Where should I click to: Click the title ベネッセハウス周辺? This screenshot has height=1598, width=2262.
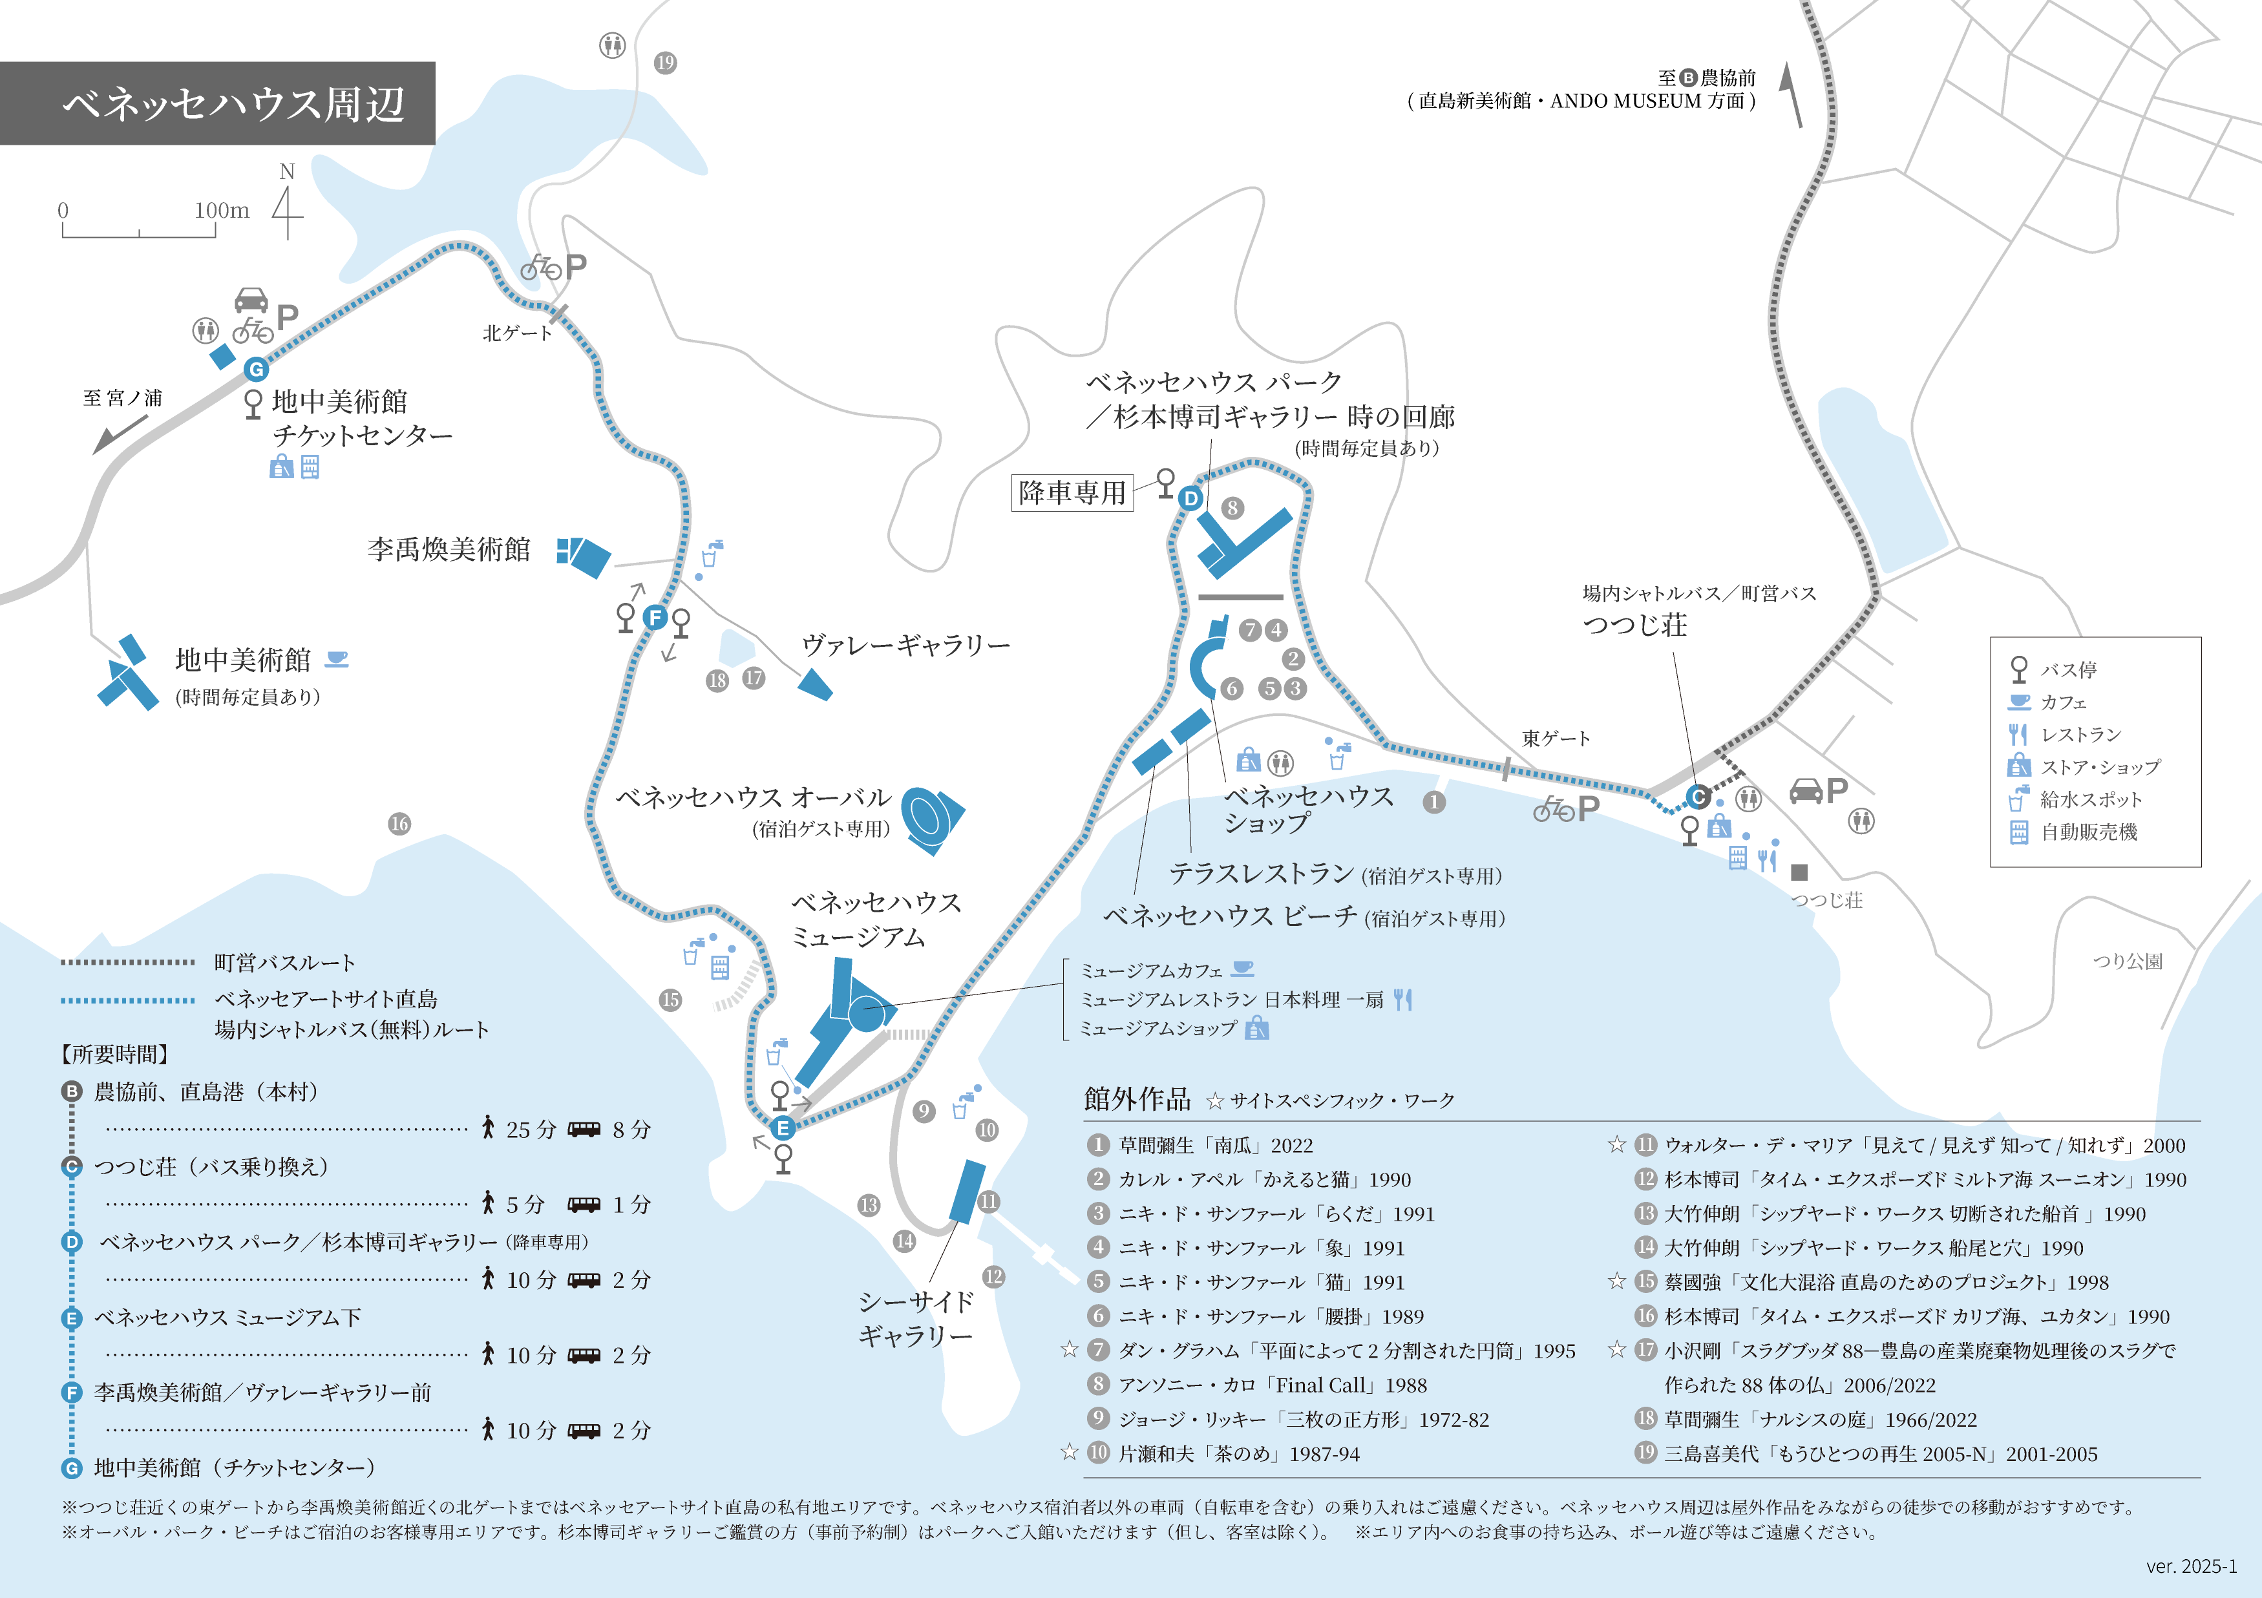(x=233, y=103)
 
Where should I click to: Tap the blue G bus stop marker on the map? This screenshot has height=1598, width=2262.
(x=256, y=370)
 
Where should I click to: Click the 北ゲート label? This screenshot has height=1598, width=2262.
(x=516, y=333)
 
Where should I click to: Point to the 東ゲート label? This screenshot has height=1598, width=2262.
(x=1556, y=738)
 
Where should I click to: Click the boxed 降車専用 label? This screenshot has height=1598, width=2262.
(x=1072, y=492)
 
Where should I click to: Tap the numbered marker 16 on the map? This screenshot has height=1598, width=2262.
(x=399, y=824)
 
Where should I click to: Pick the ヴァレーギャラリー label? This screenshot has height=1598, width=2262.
(x=905, y=646)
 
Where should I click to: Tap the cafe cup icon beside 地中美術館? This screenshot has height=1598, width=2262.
(x=337, y=658)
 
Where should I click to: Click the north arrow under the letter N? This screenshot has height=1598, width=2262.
(x=287, y=213)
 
